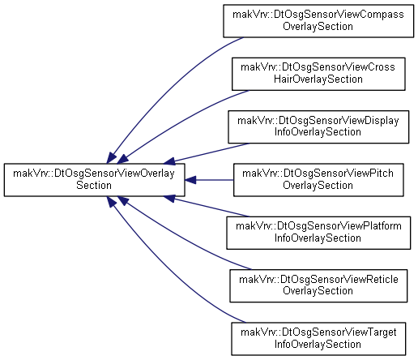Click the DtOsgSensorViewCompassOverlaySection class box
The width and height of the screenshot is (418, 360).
click(318, 21)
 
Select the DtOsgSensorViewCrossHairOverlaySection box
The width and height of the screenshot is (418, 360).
click(318, 74)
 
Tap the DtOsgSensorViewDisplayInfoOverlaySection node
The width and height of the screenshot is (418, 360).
click(318, 126)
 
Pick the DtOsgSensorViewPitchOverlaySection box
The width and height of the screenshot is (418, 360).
click(318, 180)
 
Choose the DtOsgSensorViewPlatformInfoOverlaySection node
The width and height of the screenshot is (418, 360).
click(318, 233)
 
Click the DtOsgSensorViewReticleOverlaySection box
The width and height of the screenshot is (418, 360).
click(318, 285)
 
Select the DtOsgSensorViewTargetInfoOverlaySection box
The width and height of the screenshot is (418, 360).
click(318, 339)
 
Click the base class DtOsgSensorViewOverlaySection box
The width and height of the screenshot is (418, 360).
click(94, 180)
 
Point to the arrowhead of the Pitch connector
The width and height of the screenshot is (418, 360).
click(190, 180)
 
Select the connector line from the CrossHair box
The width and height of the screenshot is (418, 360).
click(178, 123)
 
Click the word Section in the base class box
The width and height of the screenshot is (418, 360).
click(94, 186)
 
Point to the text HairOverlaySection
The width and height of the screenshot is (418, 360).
click(318, 79)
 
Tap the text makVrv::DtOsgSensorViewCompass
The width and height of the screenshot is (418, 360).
click(318, 15)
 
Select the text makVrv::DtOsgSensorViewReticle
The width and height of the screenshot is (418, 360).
click(318, 279)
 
